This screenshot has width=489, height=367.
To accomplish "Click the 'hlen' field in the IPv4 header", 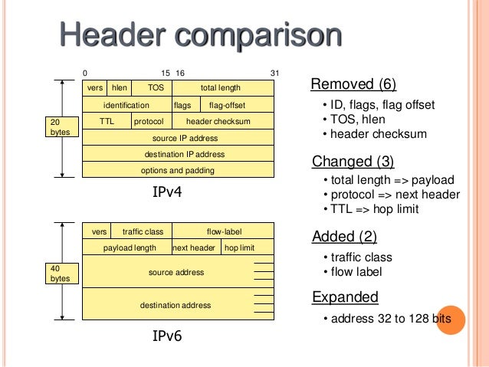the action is click(119, 88).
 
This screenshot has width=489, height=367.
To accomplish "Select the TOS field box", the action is click(156, 88).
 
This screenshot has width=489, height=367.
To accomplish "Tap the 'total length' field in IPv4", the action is click(220, 88).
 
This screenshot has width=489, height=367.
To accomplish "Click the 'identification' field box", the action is click(126, 105).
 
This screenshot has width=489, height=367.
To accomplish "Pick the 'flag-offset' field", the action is click(227, 105).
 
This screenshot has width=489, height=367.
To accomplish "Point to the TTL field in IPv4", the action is click(107, 121).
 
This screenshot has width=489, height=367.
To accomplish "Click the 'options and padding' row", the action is click(178, 170).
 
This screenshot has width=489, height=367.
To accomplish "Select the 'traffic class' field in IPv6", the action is click(143, 231).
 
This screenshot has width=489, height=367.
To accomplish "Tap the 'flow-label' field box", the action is click(223, 231).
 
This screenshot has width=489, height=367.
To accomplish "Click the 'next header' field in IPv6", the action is click(194, 247).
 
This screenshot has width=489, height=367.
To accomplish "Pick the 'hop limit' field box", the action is click(239, 247).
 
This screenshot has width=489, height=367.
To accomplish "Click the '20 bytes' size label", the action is click(59, 126).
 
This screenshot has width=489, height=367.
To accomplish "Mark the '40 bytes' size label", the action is click(59, 273).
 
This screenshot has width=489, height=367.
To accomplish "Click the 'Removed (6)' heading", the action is click(353, 84).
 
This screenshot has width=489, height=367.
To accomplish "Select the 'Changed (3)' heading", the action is click(353, 161).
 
